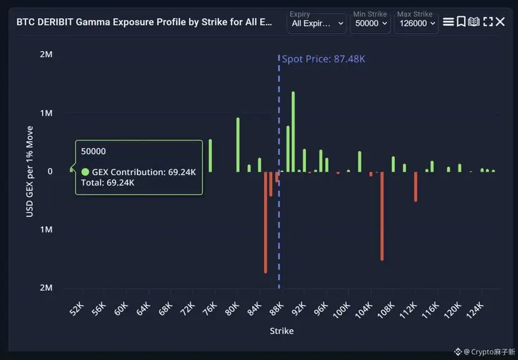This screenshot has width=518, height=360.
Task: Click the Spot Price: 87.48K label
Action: (x=323, y=59)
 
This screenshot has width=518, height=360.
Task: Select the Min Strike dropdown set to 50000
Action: (x=371, y=23)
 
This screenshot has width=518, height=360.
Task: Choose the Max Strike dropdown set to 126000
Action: (x=416, y=23)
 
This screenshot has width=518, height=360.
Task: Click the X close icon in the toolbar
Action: (x=500, y=22)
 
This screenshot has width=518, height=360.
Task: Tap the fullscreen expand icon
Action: (x=487, y=22)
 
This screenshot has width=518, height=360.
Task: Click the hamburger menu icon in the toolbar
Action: (x=448, y=22)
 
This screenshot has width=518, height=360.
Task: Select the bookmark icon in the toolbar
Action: (x=461, y=22)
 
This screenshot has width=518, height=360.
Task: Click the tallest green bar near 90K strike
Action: (x=293, y=131)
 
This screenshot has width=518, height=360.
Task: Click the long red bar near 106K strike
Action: (x=382, y=216)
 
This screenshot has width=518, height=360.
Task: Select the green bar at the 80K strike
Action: (x=238, y=144)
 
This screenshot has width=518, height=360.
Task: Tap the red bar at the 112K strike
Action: (x=415, y=186)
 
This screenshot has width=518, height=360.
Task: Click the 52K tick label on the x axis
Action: (x=76, y=309)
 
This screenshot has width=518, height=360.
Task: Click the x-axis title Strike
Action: (x=282, y=331)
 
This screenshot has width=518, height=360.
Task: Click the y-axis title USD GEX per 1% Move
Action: (x=29, y=171)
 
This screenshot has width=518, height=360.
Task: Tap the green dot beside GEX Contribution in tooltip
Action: (x=85, y=172)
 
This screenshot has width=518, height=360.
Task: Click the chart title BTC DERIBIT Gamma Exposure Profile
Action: (x=144, y=22)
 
